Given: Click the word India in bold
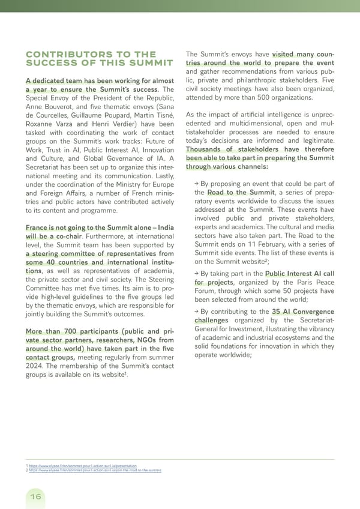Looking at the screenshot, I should click(163, 227).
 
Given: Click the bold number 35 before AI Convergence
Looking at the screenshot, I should click(278, 312).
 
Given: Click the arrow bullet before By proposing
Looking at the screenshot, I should click(196, 184).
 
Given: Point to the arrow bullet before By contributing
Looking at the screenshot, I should click(196, 311).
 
